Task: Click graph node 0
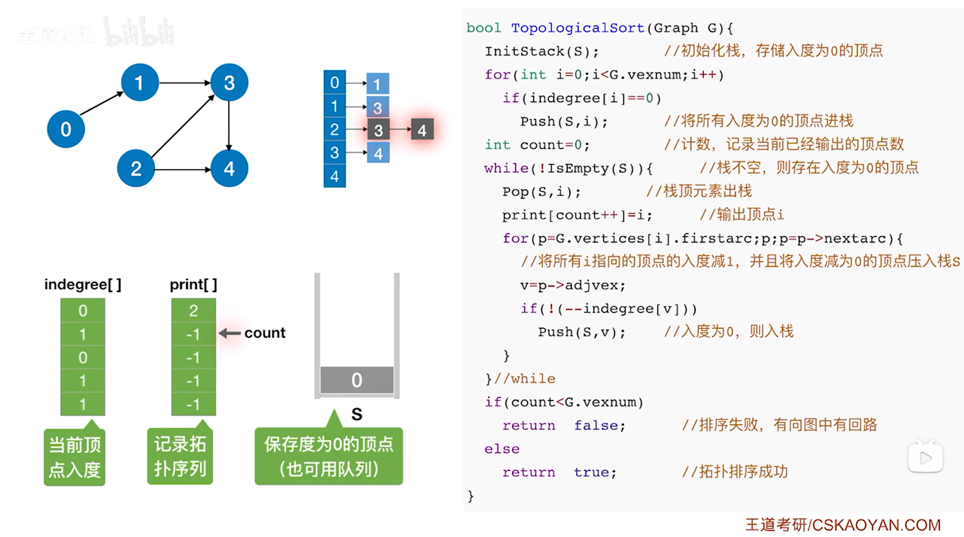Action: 66,129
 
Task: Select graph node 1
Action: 140,82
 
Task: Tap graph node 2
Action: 136,169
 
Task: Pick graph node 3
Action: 229,82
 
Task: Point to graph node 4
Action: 229,169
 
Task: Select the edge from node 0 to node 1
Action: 101,104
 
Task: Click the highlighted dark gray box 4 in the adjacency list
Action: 422,130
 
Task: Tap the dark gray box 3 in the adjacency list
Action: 378,130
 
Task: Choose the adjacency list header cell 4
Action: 334,177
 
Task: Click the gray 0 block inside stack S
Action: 357,380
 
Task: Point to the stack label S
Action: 357,415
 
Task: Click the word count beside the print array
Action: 265,333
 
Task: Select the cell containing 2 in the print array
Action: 193,310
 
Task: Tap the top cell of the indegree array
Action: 82,310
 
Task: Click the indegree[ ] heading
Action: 82,284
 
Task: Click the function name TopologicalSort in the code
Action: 577,28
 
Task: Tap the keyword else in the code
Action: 501,449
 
